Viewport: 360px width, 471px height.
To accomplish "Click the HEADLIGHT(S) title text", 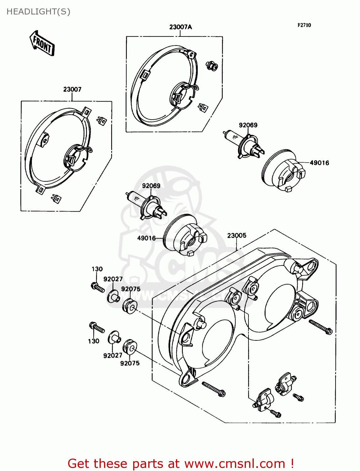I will (x=38, y=12).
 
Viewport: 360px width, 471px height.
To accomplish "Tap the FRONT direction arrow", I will (x=42, y=43).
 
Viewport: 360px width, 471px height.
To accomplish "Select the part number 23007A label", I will (x=180, y=27).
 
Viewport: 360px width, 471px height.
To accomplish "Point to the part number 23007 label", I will (x=72, y=89).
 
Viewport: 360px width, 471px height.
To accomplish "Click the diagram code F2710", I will (x=304, y=25).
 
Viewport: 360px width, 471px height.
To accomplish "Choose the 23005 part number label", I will (x=237, y=235).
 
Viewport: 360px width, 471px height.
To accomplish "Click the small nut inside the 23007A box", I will (x=212, y=66).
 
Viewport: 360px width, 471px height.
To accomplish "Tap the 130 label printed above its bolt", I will (x=97, y=269).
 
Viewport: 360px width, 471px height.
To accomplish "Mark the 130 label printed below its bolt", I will (x=94, y=341).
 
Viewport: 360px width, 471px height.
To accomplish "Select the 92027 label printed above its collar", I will (x=113, y=279).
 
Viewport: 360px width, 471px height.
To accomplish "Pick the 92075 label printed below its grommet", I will (x=130, y=363).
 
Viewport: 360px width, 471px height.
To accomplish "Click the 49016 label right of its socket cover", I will (x=319, y=163).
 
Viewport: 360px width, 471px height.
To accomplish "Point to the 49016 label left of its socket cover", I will (x=146, y=238).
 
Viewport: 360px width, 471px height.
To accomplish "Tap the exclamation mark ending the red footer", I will (x=292, y=463).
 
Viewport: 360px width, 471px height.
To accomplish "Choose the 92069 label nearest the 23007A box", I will (x=248, y=125).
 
